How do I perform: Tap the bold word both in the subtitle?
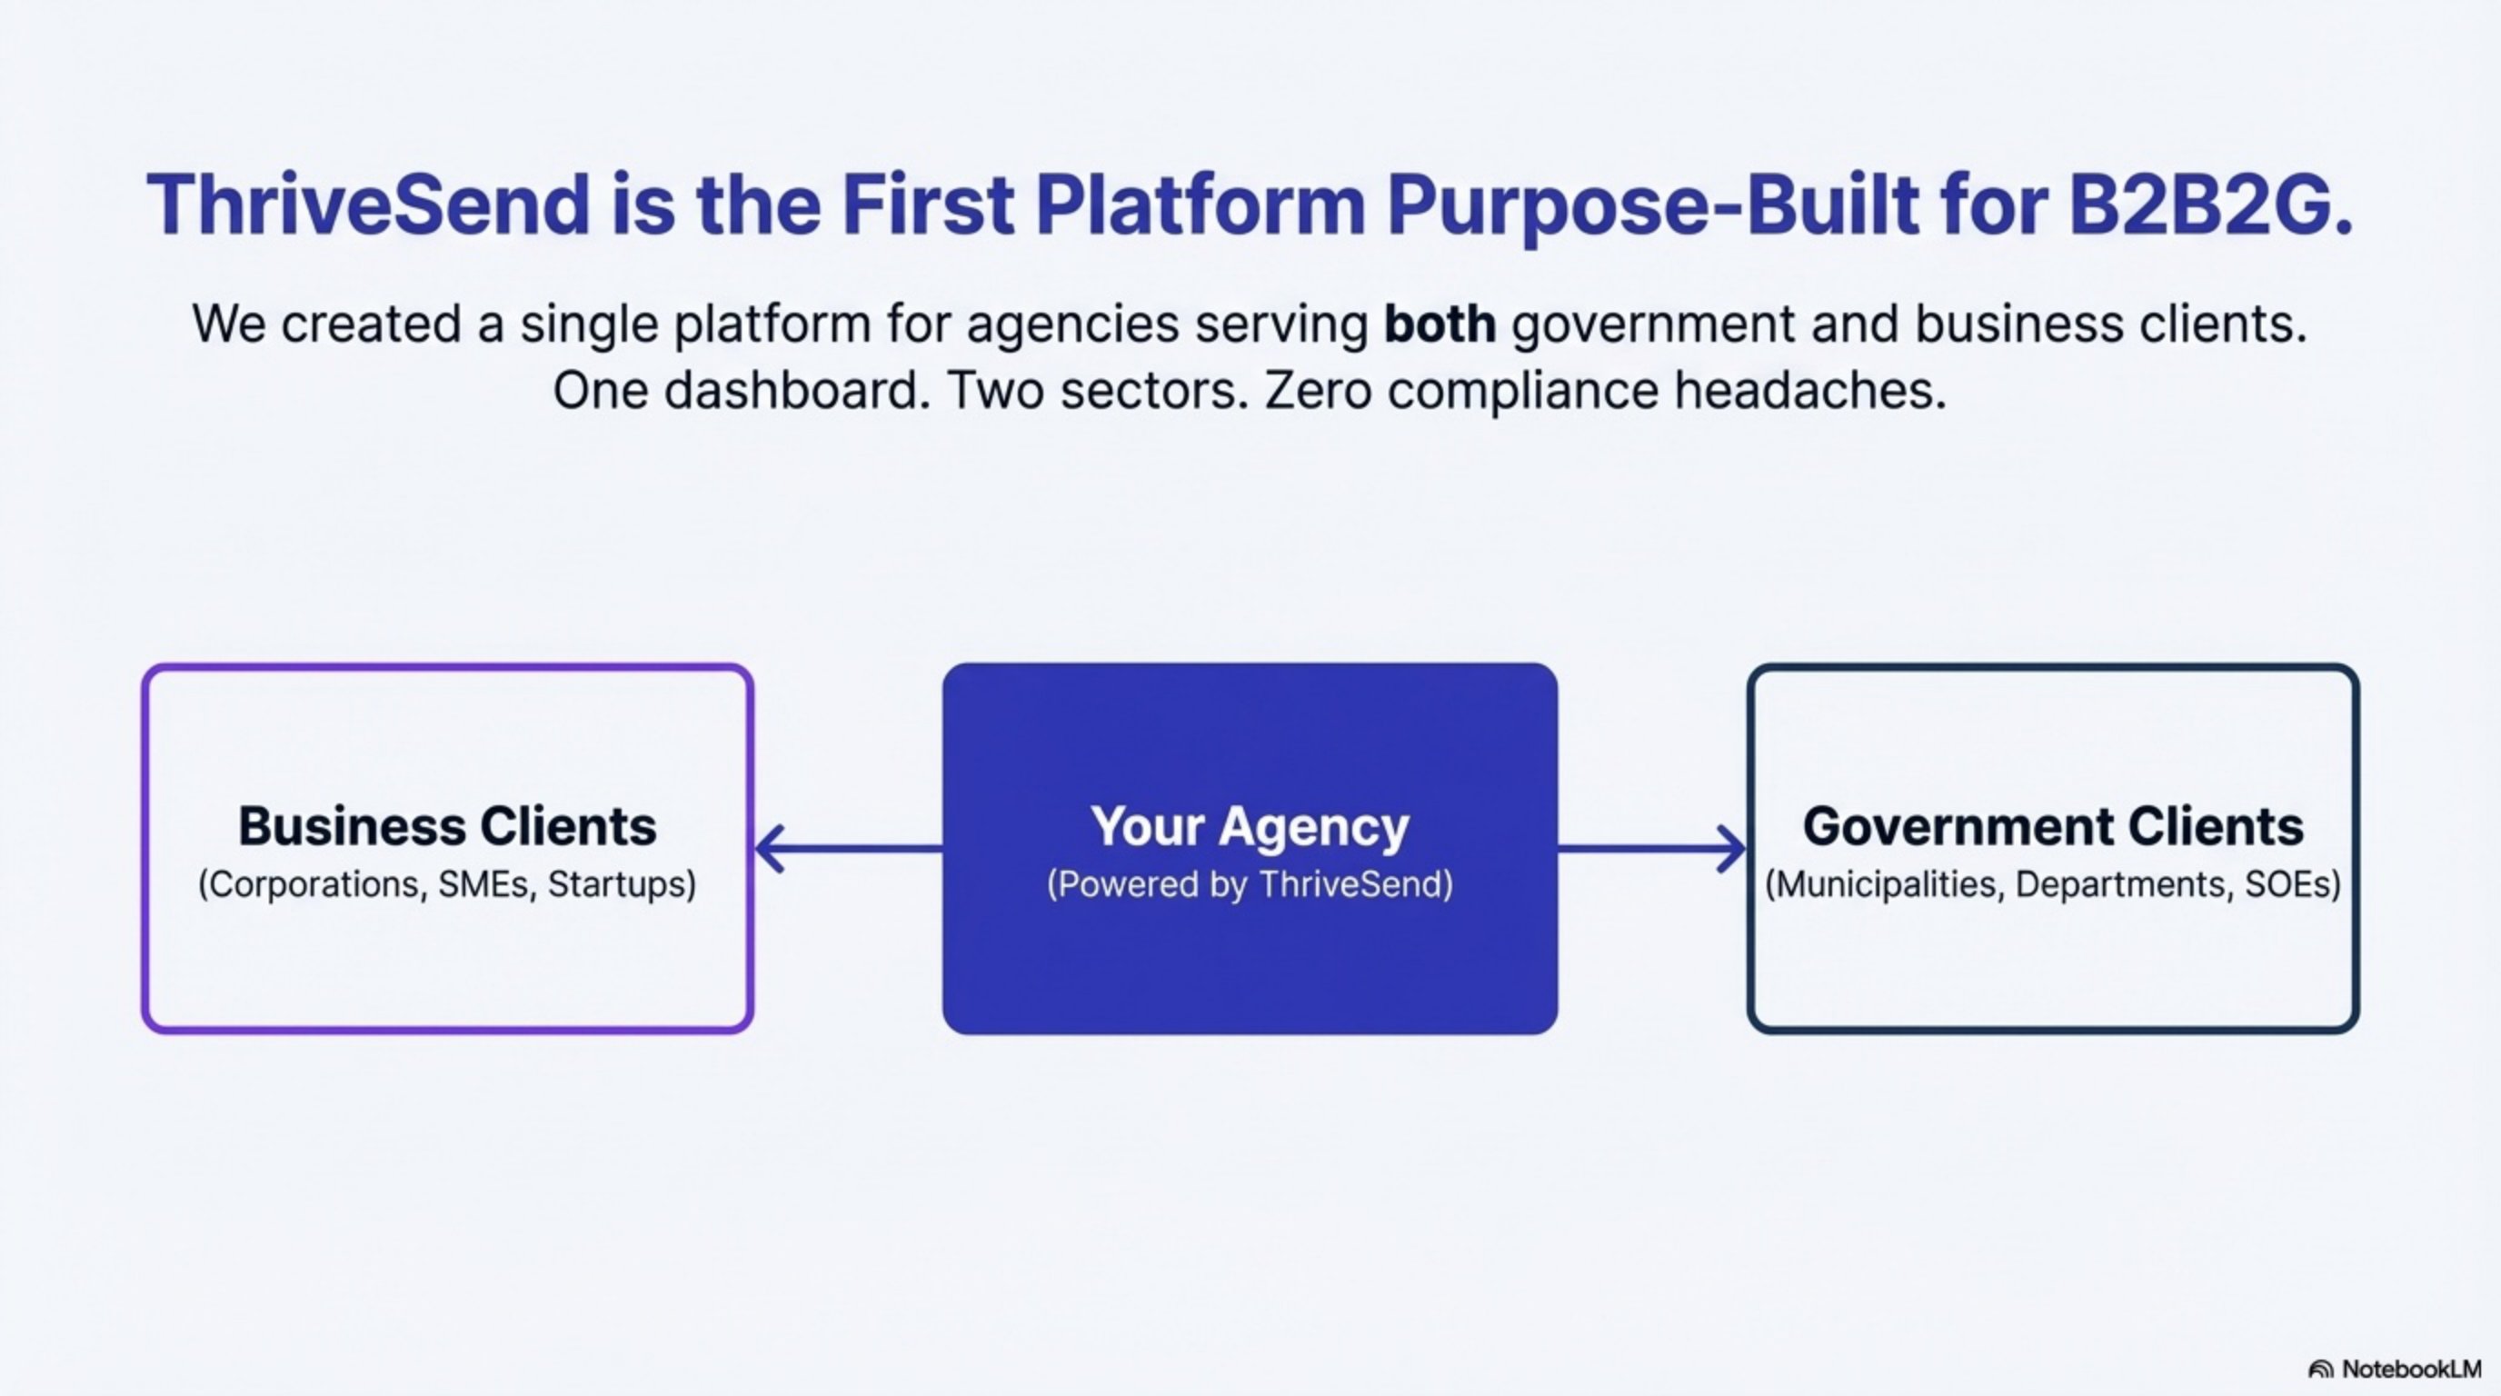(x=1439, y=324)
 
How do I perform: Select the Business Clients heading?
(x=447, y=827)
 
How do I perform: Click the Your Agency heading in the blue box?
(x=1250, y=827)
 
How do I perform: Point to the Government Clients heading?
(x=2052, y=827)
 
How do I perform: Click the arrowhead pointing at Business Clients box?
(x=769, y=850)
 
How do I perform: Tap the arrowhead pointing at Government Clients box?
(x=1732, y=850)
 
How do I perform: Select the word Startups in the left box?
(x=620, y=884)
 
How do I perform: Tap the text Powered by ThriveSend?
(x=1250, y=884)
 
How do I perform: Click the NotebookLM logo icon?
(x=2320, y=1370)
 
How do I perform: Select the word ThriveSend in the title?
(x=368, y=205)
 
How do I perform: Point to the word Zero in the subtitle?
(x=1318, y=391)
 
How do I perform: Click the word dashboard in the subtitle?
(x=791, y=391)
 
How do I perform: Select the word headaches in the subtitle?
(x=1809, y=391)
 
